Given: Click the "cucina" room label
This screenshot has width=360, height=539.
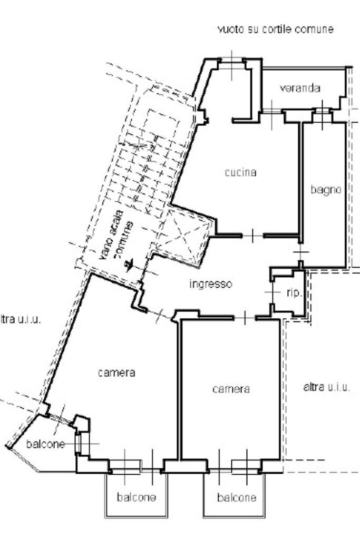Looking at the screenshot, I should click(x=240, y=172).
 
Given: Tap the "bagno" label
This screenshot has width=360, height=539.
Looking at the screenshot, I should click(x=326, y=189).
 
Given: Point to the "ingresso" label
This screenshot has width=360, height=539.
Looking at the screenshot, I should click(x=211, y=284).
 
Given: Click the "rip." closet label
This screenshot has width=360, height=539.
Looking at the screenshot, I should click(x=294, y=293).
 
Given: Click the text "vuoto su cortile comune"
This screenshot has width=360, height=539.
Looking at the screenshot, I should click(x=276, y=30).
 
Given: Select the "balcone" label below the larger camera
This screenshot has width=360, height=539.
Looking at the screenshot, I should click(x=136, y=497).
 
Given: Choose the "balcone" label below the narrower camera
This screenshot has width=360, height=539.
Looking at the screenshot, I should click(x=237, y=497).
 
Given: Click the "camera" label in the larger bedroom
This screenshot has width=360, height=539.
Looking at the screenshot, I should click(x=116, y=373).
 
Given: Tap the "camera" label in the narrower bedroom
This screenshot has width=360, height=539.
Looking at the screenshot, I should click(x=231, y=389).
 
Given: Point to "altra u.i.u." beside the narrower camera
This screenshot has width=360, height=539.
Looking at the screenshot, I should click(x=327, y=387).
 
